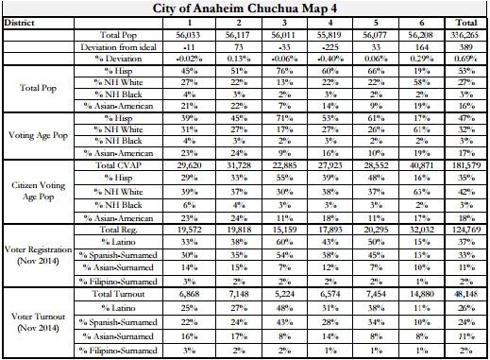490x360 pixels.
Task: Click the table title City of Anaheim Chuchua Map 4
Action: click(x=244, y=9)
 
